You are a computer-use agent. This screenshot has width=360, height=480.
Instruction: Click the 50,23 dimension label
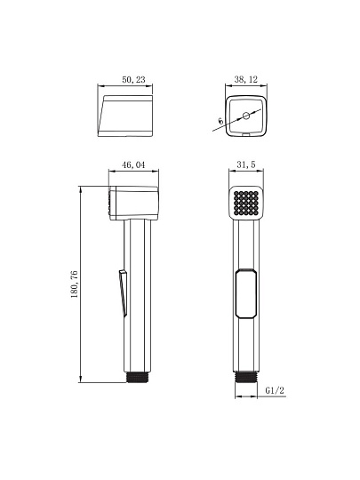coord(133,80)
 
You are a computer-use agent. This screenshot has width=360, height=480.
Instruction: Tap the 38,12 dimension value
coord(246,79)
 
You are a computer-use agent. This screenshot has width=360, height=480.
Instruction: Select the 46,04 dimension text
coord(133,165)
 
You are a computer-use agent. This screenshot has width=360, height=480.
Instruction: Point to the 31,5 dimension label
coord(246,164)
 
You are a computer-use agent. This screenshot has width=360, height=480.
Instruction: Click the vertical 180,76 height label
coord(75,284)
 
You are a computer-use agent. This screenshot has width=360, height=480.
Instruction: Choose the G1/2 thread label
coord(275,390)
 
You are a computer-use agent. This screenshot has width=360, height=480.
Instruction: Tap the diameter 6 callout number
coord(220,121)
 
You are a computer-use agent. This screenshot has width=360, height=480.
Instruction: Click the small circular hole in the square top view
coord(246,116)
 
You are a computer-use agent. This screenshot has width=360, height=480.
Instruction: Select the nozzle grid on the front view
coord(246,203)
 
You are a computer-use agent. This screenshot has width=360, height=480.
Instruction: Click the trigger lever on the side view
coord(123,292)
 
